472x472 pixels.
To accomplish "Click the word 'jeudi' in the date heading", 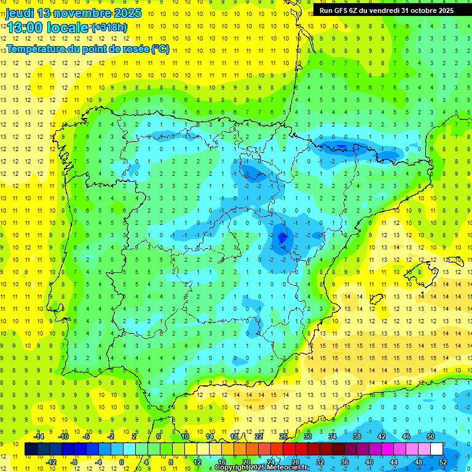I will click(x=20, y=13).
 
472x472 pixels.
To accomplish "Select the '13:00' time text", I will click(x=25, y=28).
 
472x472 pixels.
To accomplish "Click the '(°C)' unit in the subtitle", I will click(x=160, y=49).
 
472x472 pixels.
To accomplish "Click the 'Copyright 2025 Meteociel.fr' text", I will click(x=261, y=468).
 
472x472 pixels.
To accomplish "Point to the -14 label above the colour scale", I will click(x=39, y=436).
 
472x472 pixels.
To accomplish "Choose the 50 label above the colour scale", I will click(x=431, y=436).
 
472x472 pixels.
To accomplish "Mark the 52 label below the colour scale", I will click(x=443, y=462).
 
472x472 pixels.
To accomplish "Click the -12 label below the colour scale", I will click(x=51, y=462).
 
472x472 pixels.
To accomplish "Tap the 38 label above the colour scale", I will click(x=357, y=436).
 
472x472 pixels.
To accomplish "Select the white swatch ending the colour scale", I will click(x=436, y=449).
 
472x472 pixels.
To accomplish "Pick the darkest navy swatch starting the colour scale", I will click(x=31, y=449).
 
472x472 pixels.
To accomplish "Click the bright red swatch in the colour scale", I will click(x=289, y=449).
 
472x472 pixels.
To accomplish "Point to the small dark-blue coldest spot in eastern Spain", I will click(x=282, y=235).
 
